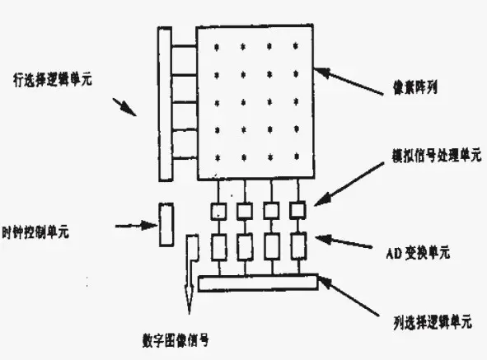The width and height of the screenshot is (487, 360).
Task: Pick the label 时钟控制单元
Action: pyautogui.click(x=38, y=231)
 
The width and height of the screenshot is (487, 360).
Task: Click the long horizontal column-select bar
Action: pyautogui.click(x=258, y=283)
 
